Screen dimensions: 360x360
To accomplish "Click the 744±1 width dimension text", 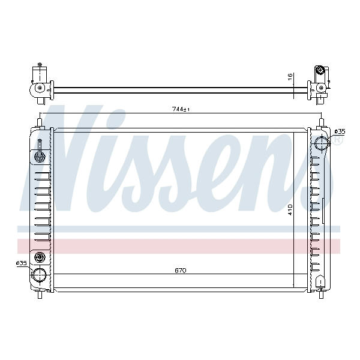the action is point(181,109).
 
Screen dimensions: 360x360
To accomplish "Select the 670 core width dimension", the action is point(181,271).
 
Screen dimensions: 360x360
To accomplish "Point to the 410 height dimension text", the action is point(290,210).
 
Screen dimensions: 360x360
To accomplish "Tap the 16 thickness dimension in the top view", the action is point(290,77).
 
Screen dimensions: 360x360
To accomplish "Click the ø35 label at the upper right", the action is point(340,131).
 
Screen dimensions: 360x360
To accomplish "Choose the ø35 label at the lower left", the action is point(22,263).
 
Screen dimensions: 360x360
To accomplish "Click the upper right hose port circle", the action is point(322,143).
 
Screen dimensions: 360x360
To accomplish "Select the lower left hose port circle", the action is point(39,275).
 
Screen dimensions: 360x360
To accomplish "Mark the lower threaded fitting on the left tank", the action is point(40,257).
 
